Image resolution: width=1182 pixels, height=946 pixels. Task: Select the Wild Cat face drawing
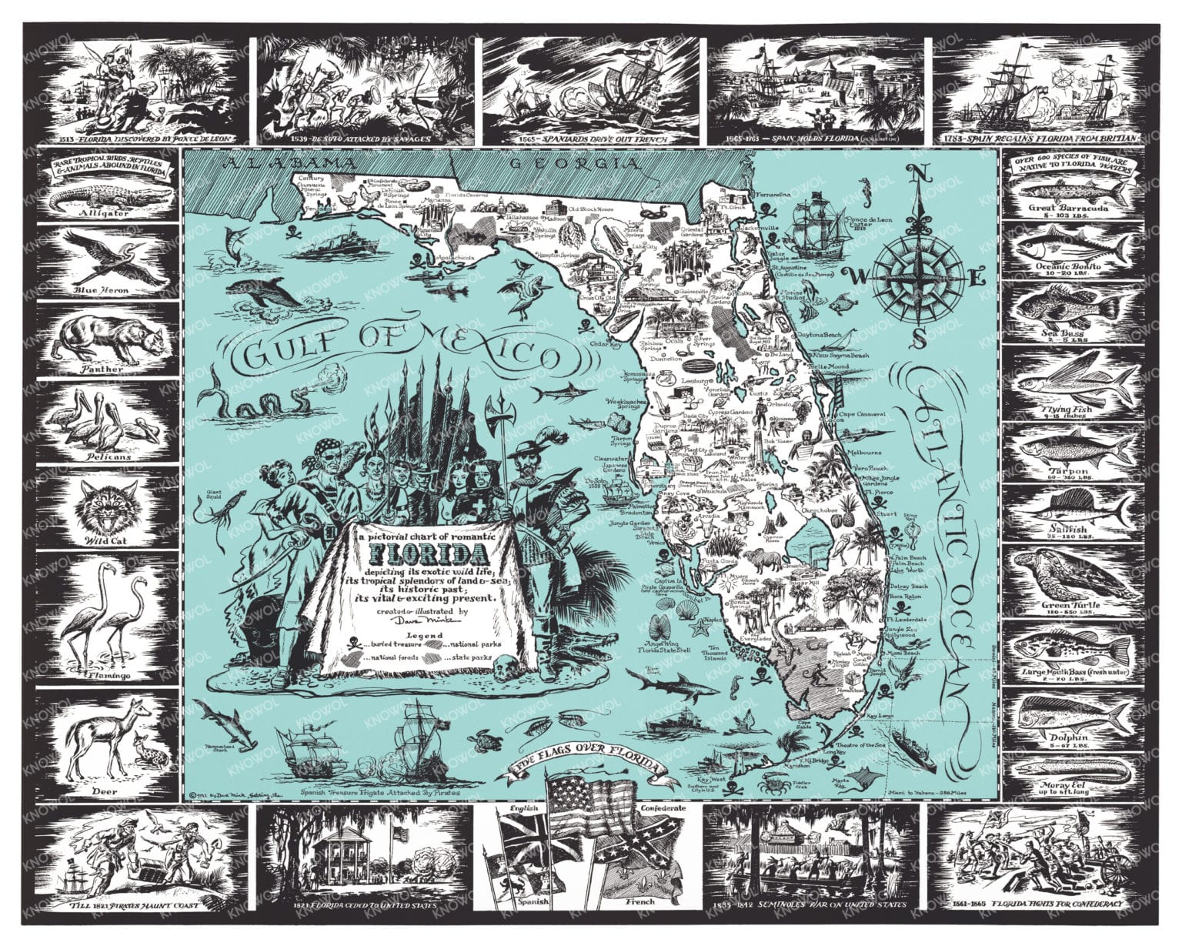[107, 504]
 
